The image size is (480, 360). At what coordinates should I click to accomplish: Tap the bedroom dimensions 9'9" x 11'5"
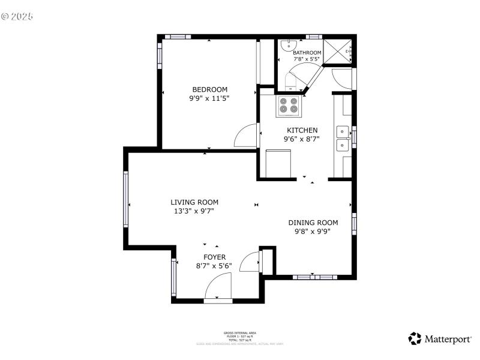point(209,98)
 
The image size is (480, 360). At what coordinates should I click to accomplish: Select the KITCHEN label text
point(302,130)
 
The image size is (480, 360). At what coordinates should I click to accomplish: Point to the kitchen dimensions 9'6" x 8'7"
point(302,139)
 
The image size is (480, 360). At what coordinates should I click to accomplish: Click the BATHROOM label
point(307,53)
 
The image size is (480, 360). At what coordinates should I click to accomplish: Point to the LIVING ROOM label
point(194,202)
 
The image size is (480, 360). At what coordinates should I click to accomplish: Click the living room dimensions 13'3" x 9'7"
point(194,211)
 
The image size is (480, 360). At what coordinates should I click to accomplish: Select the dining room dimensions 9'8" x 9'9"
point(313,230)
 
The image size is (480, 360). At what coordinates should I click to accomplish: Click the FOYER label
point(214,257)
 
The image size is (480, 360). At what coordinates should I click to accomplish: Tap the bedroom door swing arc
point(246,136)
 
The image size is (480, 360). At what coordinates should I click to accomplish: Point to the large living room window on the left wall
point(127,199)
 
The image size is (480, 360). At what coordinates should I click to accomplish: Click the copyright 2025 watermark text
point(17,16)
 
